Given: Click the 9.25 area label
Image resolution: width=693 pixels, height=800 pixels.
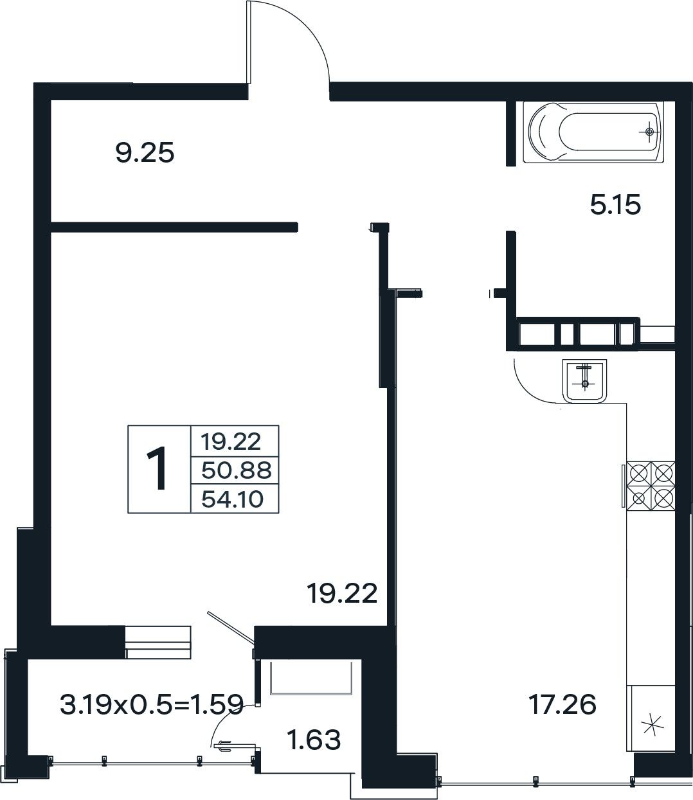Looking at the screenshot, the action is [x=145, y=153].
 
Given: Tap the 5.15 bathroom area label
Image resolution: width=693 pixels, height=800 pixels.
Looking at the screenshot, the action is [x=615, y=204].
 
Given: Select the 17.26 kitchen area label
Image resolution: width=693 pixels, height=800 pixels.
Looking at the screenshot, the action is [x=562, y=704].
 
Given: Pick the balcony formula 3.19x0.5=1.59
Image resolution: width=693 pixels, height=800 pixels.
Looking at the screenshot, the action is [x=152, y=704].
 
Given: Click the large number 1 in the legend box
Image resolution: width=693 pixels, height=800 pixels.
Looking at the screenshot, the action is [x=157, y=468].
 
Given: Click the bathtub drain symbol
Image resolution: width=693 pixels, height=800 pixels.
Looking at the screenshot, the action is [x=650, y=132].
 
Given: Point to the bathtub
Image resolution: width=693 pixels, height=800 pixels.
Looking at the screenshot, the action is [x=593, y=132].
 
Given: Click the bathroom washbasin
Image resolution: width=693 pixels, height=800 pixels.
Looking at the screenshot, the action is [x=584, y=381].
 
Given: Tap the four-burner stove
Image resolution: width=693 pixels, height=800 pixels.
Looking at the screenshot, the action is [x=651, y=486].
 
